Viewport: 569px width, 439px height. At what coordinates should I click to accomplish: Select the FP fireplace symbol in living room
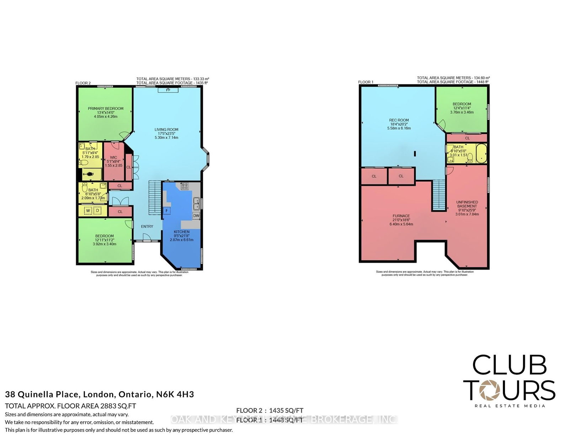(168, 90)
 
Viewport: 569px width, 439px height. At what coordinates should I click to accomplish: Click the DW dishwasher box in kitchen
(196, 216)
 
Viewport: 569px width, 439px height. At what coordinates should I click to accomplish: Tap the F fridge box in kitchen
(166, 211)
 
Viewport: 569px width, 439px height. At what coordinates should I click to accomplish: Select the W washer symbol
(88, 211)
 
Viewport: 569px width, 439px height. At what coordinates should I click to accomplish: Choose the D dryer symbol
(97, 211)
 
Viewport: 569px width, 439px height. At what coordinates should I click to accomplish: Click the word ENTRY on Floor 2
(147, 227)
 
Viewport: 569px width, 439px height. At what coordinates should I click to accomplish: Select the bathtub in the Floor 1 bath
(481, 153)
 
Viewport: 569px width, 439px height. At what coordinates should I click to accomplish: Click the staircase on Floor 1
(439, 195)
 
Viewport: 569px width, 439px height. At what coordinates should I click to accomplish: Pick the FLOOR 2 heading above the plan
(83, 83)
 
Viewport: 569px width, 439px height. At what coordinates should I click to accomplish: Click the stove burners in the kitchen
(185, 185)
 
